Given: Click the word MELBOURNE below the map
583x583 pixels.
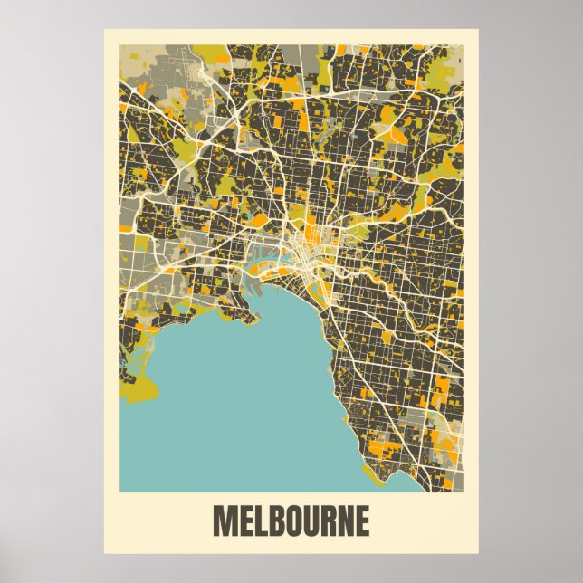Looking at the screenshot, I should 291,521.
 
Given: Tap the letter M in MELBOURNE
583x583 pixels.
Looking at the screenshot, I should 223,521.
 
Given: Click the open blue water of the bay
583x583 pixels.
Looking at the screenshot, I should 244,398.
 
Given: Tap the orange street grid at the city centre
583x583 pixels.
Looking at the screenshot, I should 312,240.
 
